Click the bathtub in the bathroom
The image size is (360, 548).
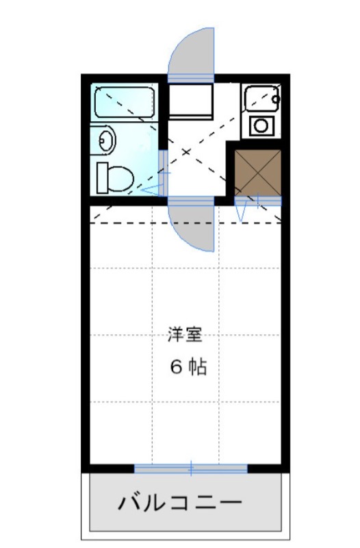point(125,102)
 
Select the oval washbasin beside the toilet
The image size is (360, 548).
point(107,141)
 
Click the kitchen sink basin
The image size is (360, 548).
point(259,99)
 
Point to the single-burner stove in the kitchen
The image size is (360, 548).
point(261,125)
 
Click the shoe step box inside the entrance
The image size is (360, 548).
point(192,100)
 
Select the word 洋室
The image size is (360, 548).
point(184,336)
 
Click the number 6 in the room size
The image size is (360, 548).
point(175,367)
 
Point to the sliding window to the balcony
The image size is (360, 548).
point(190,469)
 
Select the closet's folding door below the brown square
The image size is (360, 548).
point(257,201)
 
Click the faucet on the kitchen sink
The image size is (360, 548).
point(276,99)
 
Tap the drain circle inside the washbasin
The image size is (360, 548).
point(105,141)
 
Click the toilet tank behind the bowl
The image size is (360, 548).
point(103,177)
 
